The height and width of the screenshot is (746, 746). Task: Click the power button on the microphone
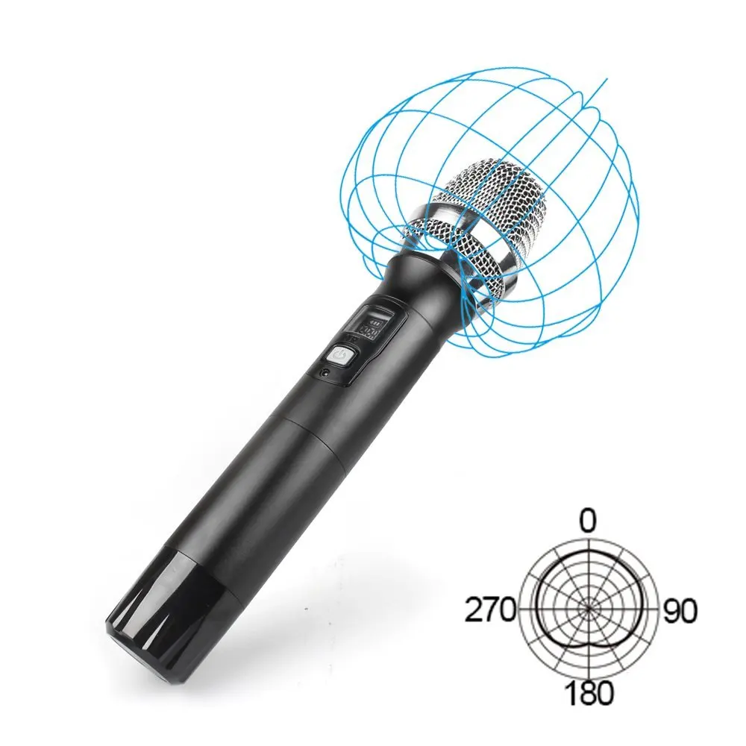(x=343, y=354)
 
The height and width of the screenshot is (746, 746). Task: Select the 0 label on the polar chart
(x=589, y=521)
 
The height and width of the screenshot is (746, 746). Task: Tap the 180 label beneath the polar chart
(x=589, y=693)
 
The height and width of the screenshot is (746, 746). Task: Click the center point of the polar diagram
(x=589, y=608)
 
